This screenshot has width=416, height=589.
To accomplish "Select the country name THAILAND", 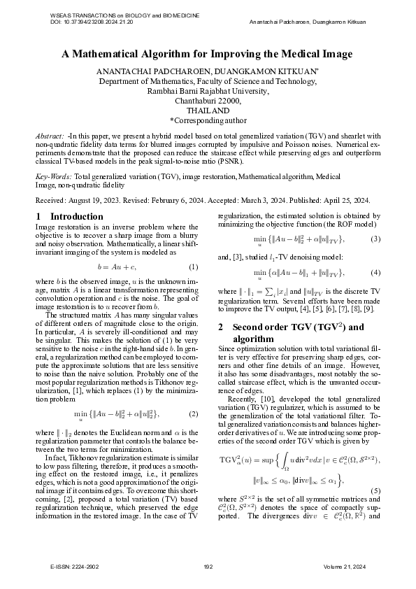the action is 208,111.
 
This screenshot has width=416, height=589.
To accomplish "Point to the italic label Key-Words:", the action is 53,178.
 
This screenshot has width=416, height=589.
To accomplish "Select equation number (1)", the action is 194,267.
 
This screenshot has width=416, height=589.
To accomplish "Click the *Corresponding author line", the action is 208,120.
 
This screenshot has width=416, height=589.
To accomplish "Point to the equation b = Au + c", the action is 116,267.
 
